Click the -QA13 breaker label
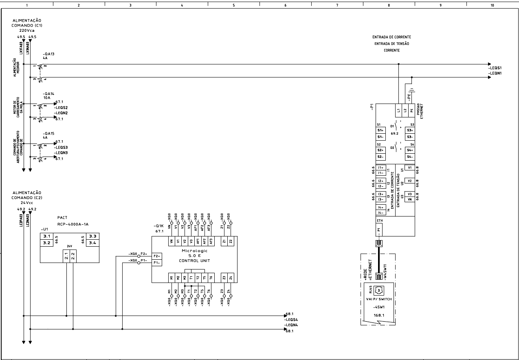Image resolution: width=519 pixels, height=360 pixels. pos(48,54)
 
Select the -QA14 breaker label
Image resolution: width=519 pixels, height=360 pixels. pos(48,94)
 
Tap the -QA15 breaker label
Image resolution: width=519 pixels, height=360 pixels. pos(48,133)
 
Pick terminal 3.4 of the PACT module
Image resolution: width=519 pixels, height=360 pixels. pos(92,243)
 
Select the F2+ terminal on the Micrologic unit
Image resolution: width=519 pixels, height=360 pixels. pos(156,256)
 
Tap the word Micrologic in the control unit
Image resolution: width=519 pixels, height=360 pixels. pos(194,250)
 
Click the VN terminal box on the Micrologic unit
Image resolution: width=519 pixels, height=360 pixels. pos(172,241)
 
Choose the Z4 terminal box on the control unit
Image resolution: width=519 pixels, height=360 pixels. pos(231,278)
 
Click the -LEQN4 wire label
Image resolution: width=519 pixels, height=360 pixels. pos(292,325)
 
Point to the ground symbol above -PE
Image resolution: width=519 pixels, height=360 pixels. pos(412,90)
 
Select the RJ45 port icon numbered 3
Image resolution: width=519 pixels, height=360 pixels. pos(378,291)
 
